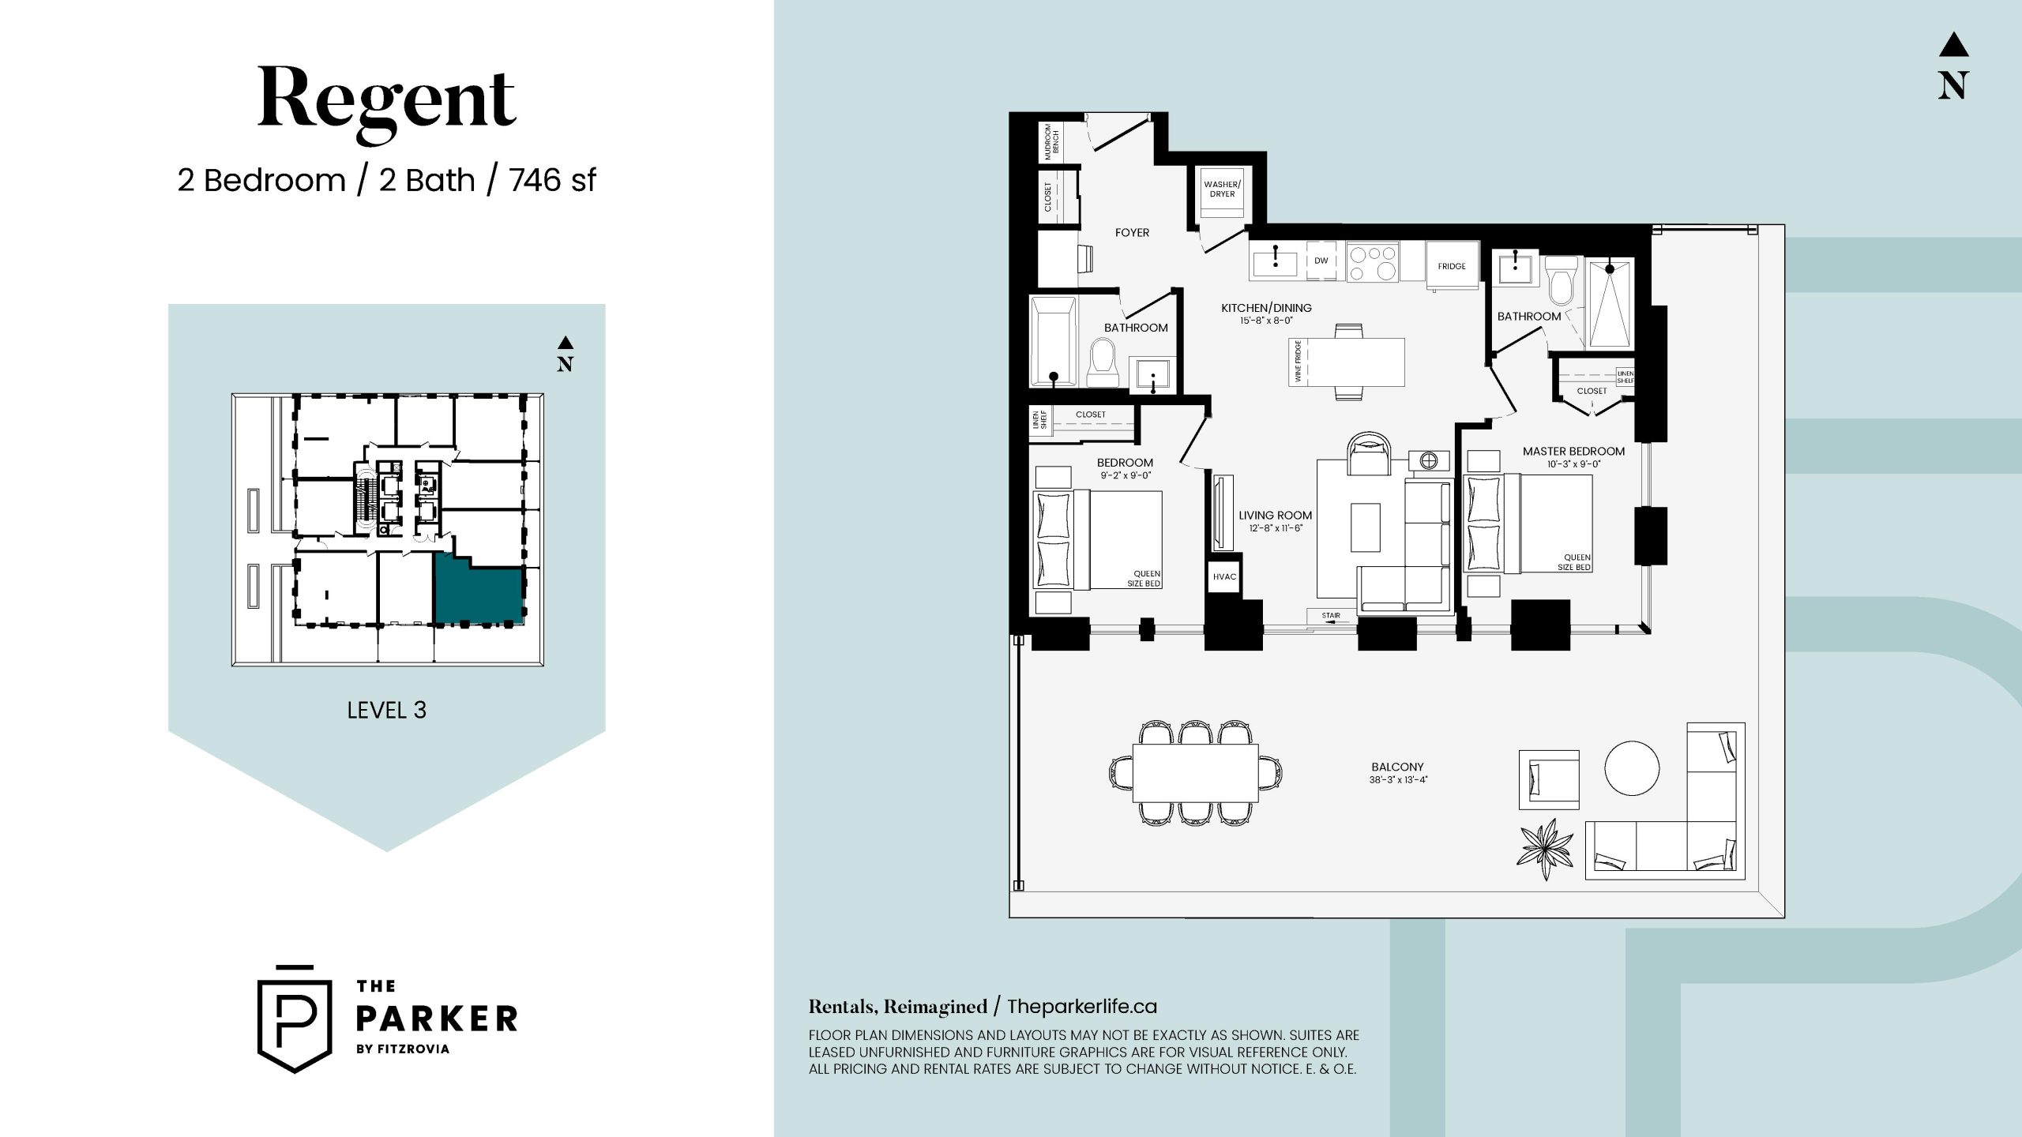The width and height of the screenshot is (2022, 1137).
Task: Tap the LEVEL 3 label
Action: click(387, 710)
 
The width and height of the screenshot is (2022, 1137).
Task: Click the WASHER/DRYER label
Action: click(1222, 189)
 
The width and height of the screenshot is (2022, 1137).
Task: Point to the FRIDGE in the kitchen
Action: click(1452, 266)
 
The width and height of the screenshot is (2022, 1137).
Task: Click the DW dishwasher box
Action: click(1321, 261)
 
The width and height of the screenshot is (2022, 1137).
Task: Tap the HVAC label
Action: click(1224, 576)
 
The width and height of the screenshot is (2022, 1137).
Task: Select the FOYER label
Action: click(1132, 233)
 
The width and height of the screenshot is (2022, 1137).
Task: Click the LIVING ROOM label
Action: click(1275, 516)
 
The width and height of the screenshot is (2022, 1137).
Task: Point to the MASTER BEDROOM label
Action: click(1573, 452)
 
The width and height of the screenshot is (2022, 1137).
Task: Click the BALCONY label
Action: click(1397, 767)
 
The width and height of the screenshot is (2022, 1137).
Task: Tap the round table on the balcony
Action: click(1631, 767)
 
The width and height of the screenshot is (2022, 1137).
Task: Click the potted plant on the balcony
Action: click(1545, 849)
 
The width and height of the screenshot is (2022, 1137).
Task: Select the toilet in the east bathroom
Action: click(1562, 281)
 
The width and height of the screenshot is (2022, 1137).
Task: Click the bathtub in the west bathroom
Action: click(1053, 341)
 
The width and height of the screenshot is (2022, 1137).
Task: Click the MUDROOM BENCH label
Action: click(1051, 142)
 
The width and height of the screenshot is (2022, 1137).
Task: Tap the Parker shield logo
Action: click(295, 1019)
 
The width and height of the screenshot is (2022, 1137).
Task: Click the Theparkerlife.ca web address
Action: click(1082, 1007)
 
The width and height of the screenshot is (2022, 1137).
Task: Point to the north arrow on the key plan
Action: click(565, 354)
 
